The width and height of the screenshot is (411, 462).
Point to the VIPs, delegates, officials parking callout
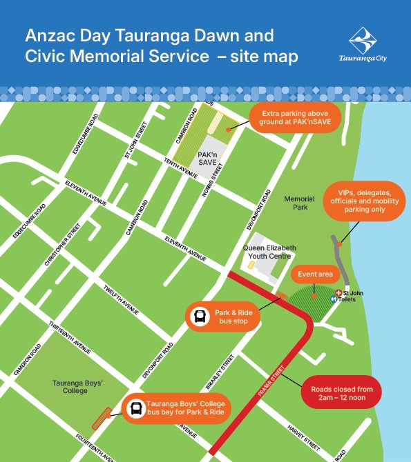click(362, 201)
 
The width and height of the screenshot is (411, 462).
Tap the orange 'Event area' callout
click(315, 274)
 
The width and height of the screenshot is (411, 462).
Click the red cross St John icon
click(338, 293)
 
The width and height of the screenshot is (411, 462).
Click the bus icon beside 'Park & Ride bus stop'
click(200, 317)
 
